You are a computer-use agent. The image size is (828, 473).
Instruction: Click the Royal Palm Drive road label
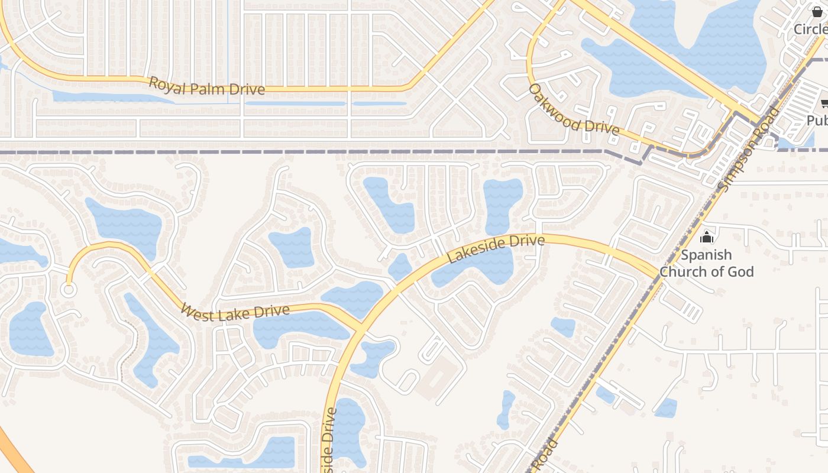(x=206, y=86)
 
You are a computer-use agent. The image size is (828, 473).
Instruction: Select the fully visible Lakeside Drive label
(x=496, y=249)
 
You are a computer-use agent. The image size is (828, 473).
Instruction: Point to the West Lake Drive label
(x=235, y=312)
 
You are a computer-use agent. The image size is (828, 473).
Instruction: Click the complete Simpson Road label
(x=748, y=150)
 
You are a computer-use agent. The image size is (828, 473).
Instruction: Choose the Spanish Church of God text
(x=707, y=263)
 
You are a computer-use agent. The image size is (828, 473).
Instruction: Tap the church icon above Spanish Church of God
(x=706, y=238)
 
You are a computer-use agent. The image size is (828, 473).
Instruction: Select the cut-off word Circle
(x=810, y=29)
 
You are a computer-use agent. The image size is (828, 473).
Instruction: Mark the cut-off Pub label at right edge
(x=817, y=121)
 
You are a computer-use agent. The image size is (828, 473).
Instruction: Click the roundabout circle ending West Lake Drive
(x=69, y=290)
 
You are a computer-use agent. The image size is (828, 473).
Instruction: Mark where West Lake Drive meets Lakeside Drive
(x=361, y=327)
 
